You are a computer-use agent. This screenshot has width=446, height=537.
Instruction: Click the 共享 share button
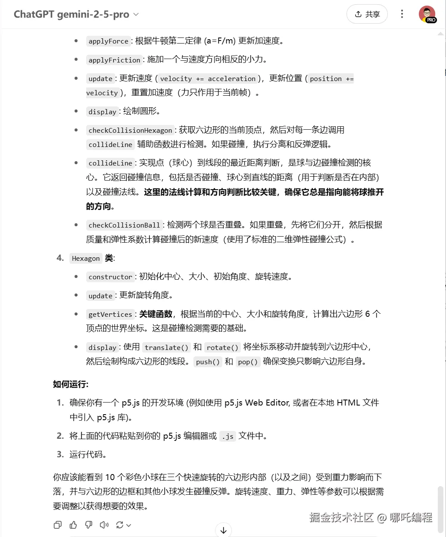(x=367, y=14)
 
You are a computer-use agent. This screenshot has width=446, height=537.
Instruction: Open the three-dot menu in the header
(x=402, y=14)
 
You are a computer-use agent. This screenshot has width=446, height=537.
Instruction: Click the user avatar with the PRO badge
(x=427, y=14)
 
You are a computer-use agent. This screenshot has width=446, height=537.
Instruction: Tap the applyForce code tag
(x=108, y=41)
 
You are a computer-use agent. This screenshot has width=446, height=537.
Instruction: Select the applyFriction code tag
(x=114, y=60)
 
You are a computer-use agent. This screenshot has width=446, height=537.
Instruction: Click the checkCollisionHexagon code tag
(x=130, y=130)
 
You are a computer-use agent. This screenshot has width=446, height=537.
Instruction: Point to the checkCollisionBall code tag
(x=124, y=225)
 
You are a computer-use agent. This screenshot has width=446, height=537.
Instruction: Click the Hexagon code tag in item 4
(x=86, y=258)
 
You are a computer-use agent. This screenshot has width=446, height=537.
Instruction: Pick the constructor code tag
(x=110, y=277)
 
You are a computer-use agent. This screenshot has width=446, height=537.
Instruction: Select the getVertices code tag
(x=110, y=314)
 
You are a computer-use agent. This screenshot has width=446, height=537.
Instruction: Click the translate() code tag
(x=166, y=347)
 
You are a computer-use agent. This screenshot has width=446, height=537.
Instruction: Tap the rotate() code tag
(x=222, y=347)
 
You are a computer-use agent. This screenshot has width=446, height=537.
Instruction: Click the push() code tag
(x=208, y=362)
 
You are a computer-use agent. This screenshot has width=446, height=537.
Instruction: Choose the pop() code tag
(x=248, y=362)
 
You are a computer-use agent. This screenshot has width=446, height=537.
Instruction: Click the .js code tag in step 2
(x=228, y=436)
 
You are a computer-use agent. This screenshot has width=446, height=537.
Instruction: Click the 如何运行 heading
(x=71, y=384)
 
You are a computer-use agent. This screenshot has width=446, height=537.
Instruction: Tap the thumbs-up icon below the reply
(x=73, y=525)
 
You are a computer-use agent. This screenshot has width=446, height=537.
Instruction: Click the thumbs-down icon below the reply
(x=89, y=525)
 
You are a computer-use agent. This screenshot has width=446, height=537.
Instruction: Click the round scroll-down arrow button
(x=223, y=530)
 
